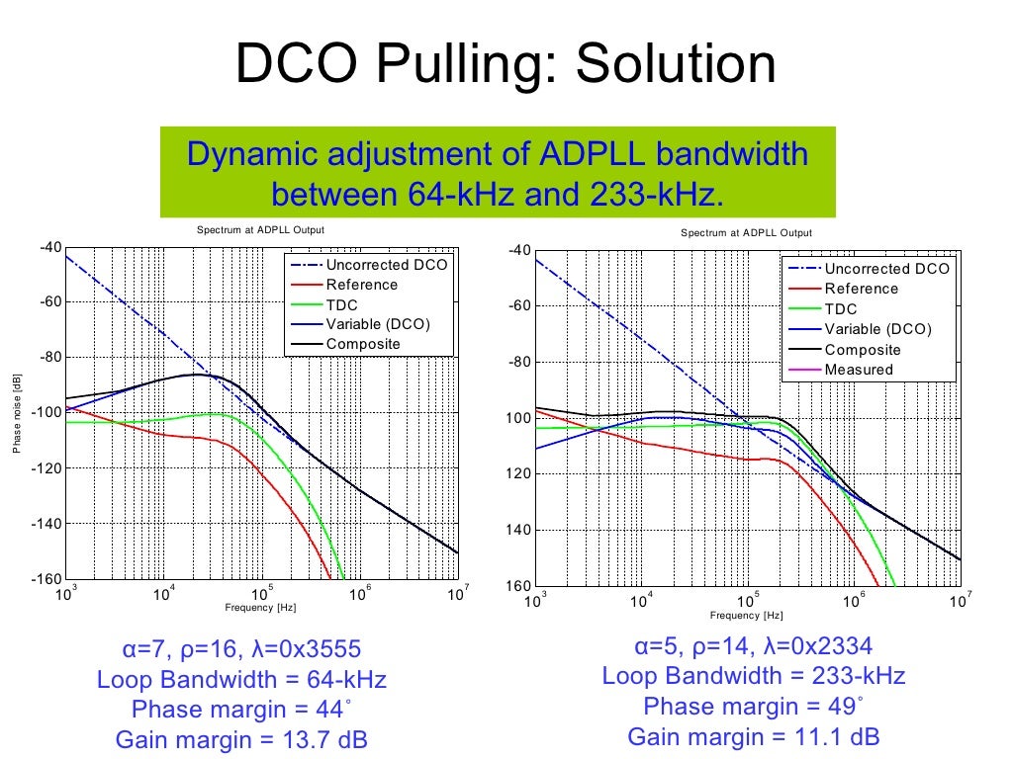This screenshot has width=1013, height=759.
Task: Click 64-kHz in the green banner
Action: click(x=461, y=195)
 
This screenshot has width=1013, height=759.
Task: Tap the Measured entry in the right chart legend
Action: click(x=859, y=370)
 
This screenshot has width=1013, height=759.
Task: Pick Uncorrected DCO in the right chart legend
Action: click(x=886, y=269)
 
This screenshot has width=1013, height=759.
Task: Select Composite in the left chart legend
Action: click(x=363, y=344)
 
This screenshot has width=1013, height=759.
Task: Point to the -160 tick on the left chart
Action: click(x=48, y=579)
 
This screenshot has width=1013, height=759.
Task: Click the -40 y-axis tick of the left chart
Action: click(x=48, y=247)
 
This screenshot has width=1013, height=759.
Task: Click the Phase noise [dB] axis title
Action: click(x=17, y=413)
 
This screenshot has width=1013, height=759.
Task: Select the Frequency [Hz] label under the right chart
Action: click(x=746, y=616)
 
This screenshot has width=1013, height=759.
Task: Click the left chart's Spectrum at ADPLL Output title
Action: click(x=260, y=230)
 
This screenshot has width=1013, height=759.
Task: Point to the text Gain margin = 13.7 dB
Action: click(x=241, y=739)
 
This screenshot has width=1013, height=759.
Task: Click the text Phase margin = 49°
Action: click(x=753, y=707)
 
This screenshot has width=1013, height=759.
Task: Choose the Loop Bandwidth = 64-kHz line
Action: click(x=241, y=680)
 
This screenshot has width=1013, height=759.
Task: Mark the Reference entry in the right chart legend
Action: click(x=861, y=289)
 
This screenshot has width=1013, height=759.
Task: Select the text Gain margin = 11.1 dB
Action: click(x=753, y=736)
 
